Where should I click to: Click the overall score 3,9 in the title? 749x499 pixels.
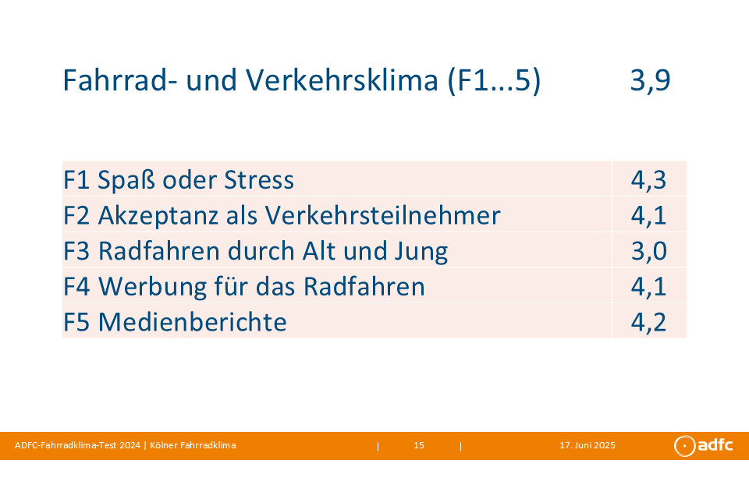[650, 80]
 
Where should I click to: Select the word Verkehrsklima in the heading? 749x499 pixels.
[342, 80]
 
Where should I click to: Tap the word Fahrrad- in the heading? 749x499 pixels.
[120, 80]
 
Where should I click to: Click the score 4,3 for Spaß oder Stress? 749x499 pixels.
[648, 180]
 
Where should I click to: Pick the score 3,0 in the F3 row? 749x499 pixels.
[648, 251]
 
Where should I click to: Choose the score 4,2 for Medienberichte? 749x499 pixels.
[648, 322]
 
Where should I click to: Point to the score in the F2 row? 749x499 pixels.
[648, 215]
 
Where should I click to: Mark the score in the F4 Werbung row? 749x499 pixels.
[648, 286]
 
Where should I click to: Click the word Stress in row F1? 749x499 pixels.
[259, 180]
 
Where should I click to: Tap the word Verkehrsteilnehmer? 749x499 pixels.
[382, 215]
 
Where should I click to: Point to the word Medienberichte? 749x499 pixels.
[193, 322]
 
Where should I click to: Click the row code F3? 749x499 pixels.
[76, 251]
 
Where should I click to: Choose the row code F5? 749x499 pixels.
[76, 322]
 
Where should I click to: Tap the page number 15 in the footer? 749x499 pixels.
[419, 445]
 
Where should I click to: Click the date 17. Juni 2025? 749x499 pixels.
[587, 445]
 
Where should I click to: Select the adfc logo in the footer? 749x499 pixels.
[703, 445]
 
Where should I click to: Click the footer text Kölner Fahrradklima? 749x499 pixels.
[193, 445]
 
